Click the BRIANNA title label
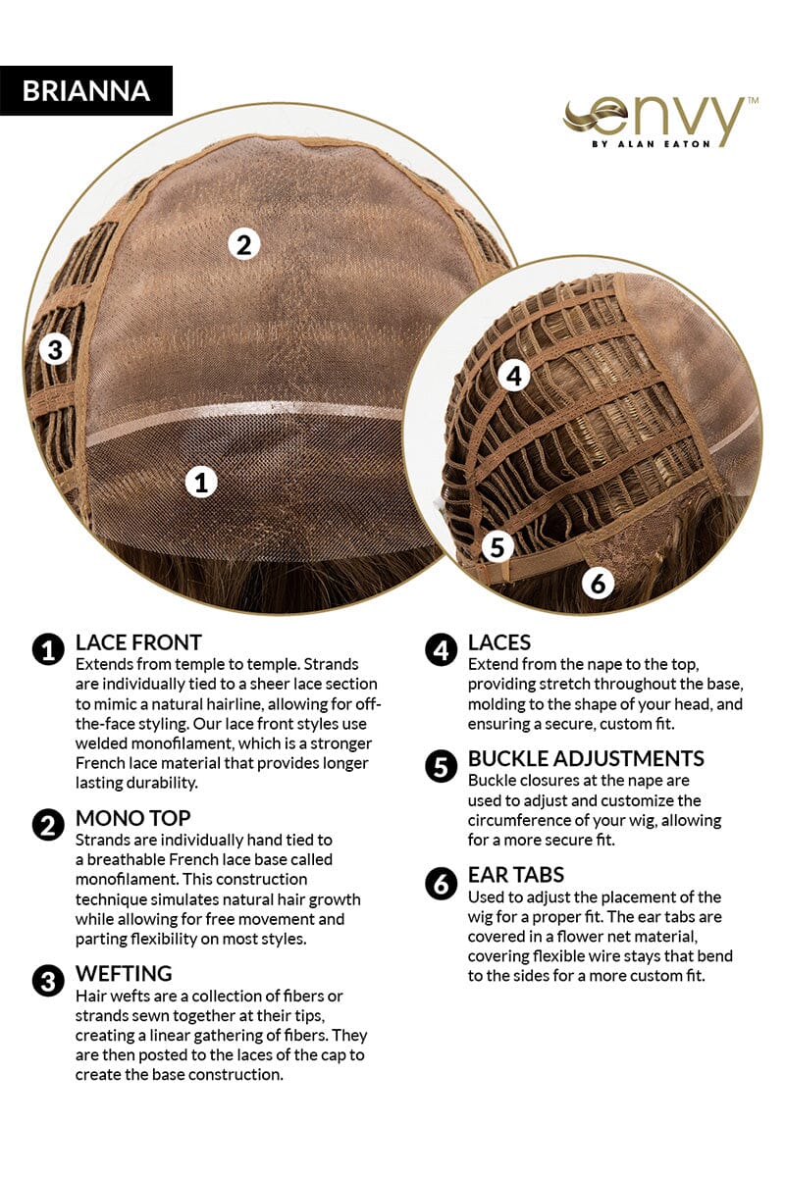(86, 90)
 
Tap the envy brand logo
(659, 122)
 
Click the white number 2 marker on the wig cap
(244, 244)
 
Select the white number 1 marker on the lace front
(201, 482)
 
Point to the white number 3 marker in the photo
(56, 349)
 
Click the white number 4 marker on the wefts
(514, 376)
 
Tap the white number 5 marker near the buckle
(497, 546)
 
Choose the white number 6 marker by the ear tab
(599, 584)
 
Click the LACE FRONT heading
(138, 642)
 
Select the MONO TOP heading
(133, 818)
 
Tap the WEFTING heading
(124, 973)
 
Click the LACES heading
(499, 642)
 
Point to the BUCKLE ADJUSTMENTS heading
(586, 758)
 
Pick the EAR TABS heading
(516, 874)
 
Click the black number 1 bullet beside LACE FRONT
(48, 649)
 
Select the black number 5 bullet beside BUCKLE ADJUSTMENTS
(442, 766)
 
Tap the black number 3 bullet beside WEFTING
(48, 981)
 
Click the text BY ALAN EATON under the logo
(651, 143)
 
